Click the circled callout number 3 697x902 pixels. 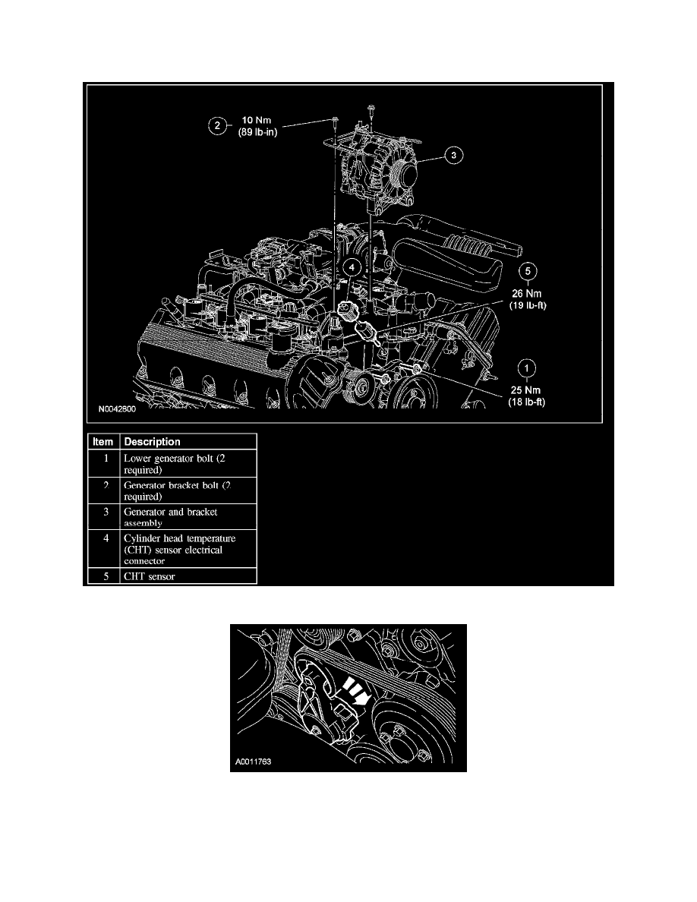click(x=453, y=156)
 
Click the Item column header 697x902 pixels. click(x=102, y=442)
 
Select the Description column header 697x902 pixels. click(x=153, y=442)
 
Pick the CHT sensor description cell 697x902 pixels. click(x=149, y=576)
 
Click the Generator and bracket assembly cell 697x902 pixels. click(x=171, y=517)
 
